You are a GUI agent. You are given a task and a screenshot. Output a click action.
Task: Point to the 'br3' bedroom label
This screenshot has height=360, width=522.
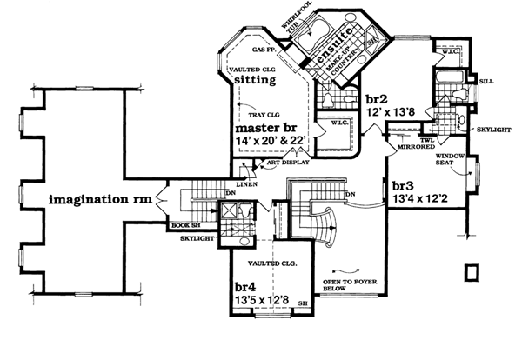click(x=402, y=186)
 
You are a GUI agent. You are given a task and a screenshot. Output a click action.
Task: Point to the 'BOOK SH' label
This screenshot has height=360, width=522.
click(x=182, y=226)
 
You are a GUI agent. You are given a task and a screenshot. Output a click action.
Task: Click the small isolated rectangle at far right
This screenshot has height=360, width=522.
click(x=472, y=272)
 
